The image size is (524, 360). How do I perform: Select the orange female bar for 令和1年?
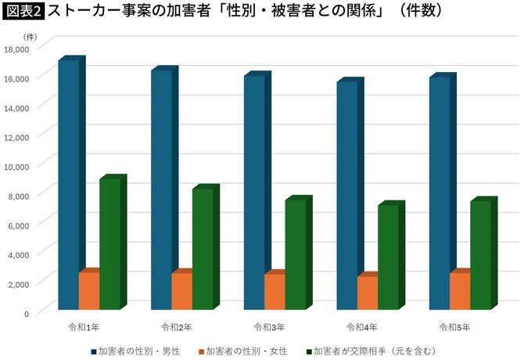pos(88,290)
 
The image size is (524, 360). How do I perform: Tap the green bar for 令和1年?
pos(109,243)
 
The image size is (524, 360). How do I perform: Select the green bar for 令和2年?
pos(202,249)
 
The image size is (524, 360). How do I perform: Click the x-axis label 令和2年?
pos(174,326)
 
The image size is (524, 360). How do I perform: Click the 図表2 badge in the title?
pos(23,12)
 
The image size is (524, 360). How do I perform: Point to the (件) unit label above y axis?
pos(29,37)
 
